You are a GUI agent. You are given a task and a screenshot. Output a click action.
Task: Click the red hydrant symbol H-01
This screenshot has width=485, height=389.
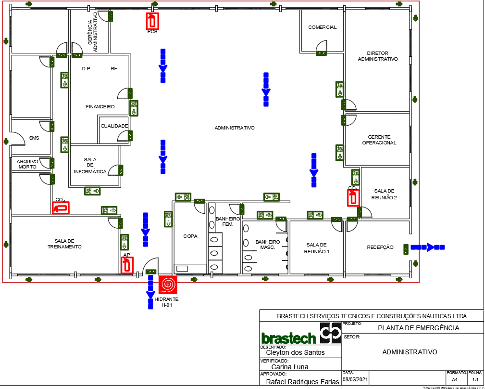(x=168, y=285)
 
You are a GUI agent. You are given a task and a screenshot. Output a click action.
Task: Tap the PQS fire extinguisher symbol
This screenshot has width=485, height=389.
(x=152, y=21)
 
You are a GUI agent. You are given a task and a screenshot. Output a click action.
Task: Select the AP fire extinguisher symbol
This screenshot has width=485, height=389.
(x=127, y=265)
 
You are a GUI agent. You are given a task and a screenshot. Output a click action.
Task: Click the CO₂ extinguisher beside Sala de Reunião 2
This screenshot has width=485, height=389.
(x=354, y=198)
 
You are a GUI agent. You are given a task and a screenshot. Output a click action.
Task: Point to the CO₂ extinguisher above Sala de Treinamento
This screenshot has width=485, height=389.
(x=61, y=207)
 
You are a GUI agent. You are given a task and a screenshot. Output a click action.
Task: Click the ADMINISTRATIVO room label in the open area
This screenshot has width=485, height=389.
(x=234, y=128)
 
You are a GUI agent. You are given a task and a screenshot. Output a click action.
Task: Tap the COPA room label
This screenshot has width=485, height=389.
(x=190, y=236)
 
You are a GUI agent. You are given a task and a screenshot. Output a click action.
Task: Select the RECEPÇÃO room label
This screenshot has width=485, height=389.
(x=380, y=247)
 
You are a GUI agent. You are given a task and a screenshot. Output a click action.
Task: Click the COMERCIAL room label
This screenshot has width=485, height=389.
(x=323, y=27)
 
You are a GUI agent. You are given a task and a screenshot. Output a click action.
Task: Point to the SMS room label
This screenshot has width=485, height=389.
(x=34, y=138)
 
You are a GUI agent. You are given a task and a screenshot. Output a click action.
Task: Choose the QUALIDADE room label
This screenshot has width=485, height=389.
(x=114, y=126)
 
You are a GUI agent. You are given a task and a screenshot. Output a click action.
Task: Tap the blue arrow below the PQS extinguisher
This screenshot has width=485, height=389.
(x=163, y=65)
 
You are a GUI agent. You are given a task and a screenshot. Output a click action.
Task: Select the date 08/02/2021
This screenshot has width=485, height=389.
(x=355, y=380)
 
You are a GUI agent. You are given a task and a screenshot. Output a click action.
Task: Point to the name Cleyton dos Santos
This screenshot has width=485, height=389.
(x=295, y=352)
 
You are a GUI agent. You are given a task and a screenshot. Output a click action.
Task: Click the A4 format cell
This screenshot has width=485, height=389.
(x=454, y=380)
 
